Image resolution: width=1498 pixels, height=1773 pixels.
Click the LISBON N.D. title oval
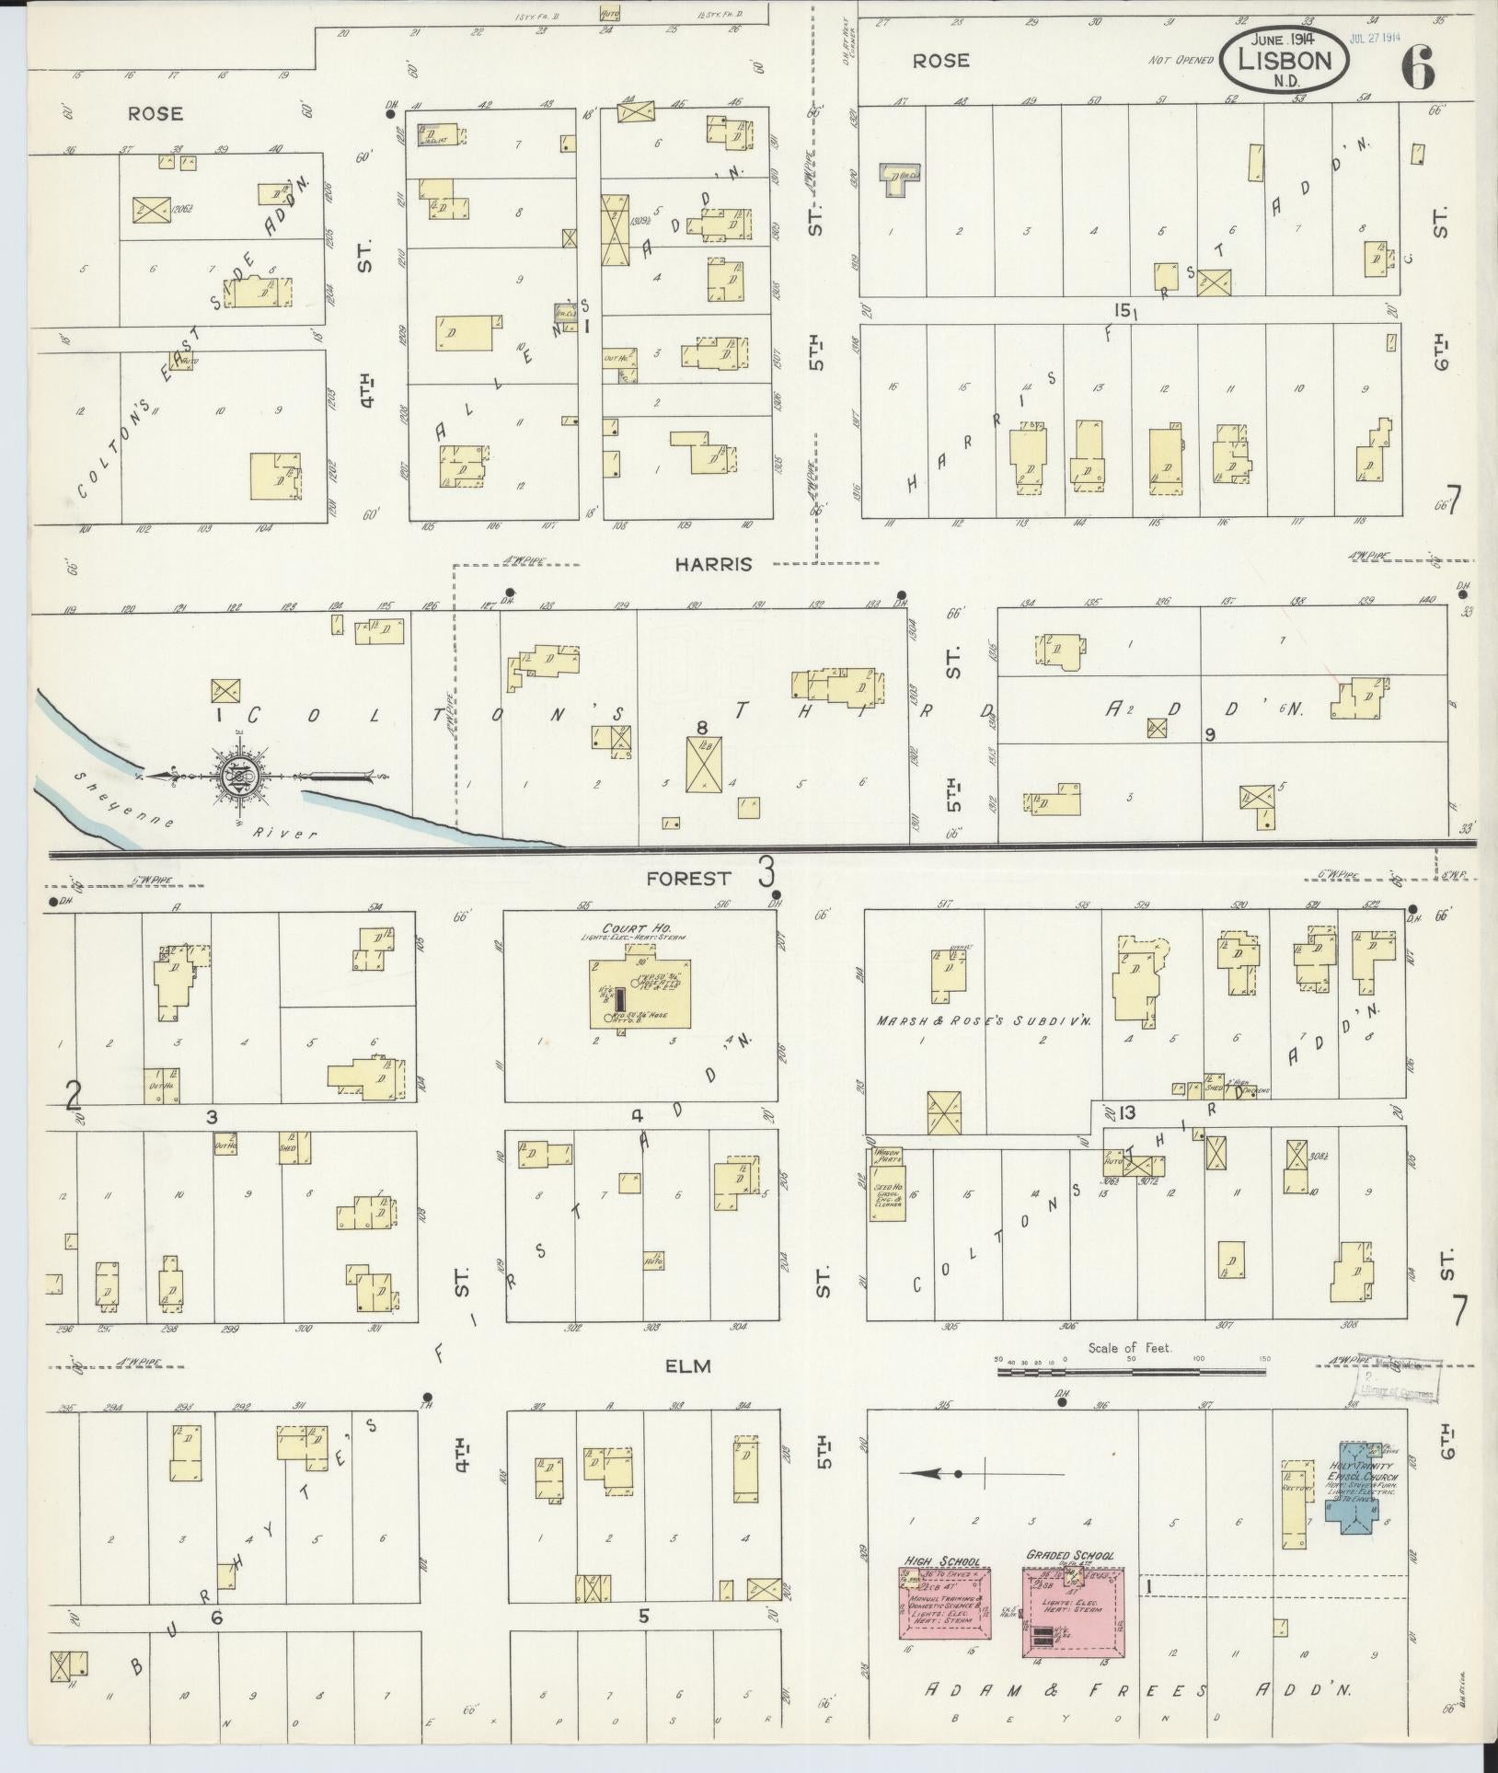(1286, 63)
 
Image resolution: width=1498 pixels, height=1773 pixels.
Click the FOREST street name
(687, 879)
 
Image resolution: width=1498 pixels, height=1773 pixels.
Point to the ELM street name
(688, 1366)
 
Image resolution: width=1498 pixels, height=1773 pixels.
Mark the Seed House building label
(884, 1196)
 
